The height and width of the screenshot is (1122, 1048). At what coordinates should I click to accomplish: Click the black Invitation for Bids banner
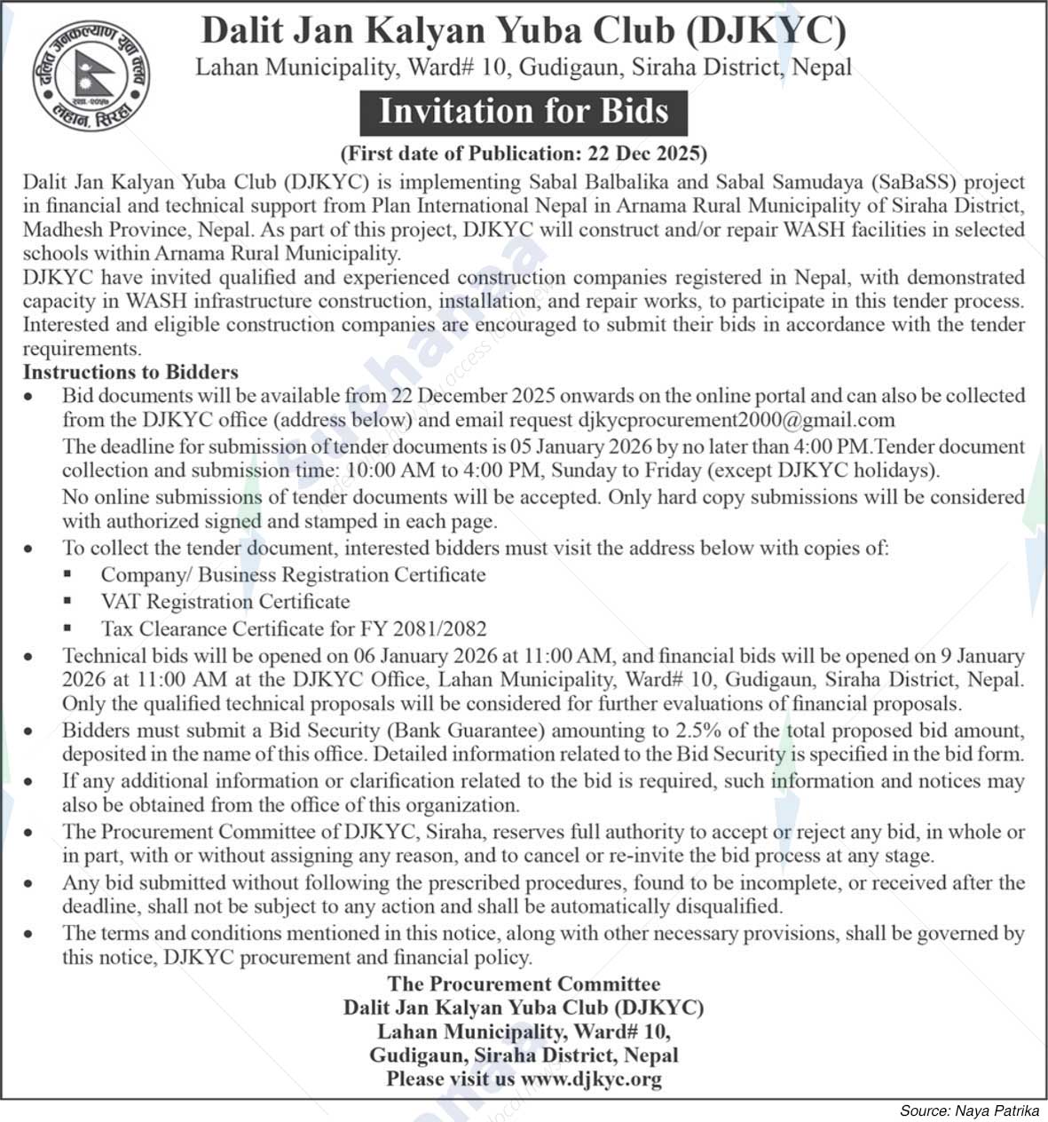coord(524,112)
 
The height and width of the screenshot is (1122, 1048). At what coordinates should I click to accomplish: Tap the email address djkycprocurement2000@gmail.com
coord(736,419)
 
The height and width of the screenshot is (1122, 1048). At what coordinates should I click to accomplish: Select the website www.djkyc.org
coord(591,1079)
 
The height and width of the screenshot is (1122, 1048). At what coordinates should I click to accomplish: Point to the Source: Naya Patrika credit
coord(969,1110)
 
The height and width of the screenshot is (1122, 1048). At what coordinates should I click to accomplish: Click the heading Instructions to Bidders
coord(130,372)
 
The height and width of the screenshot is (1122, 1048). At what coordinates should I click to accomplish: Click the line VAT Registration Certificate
coord(225,602)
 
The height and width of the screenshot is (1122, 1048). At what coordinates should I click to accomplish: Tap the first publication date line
coord(524,154)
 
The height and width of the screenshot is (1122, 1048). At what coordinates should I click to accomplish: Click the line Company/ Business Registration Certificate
coord(293,574)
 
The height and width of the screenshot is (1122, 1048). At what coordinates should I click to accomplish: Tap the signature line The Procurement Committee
coord(524,984)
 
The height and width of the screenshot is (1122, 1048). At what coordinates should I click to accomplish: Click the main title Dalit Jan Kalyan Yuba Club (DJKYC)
coord(524,31)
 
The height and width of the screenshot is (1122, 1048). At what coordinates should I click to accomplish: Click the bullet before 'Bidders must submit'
coord(30,732)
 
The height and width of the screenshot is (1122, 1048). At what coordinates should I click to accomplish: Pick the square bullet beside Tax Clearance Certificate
coord(67,628)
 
